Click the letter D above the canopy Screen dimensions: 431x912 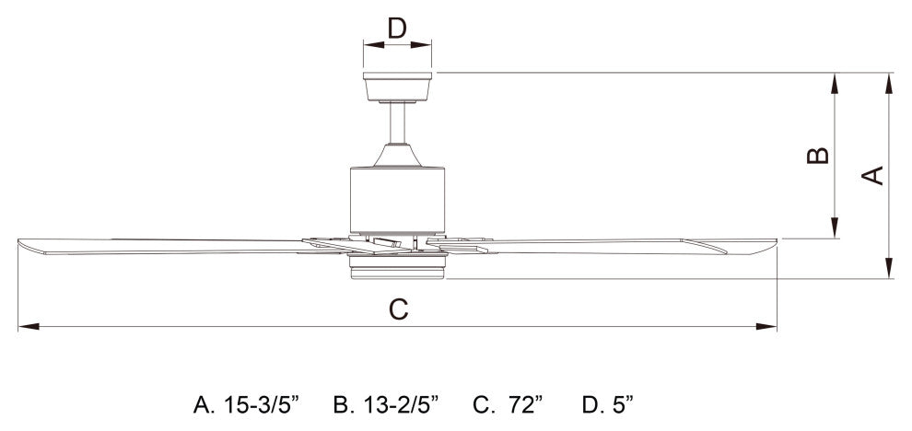[x=397, y=28]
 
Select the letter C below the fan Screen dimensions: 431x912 [x=397, y=309]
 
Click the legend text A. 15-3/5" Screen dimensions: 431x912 [x=248, y=403]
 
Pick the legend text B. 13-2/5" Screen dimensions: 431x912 [x=386, y=403]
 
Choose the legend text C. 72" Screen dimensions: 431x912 [x=508, y=403]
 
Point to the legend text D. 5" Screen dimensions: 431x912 [x=608, y=403]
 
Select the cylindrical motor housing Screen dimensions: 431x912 [x=398, y=198]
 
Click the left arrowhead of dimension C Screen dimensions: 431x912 [x=23, y=326]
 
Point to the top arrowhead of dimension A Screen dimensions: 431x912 [x=889, y=81]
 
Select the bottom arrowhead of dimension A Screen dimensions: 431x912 [x=889, y=271]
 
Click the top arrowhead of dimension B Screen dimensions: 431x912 [x=835, y=81]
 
